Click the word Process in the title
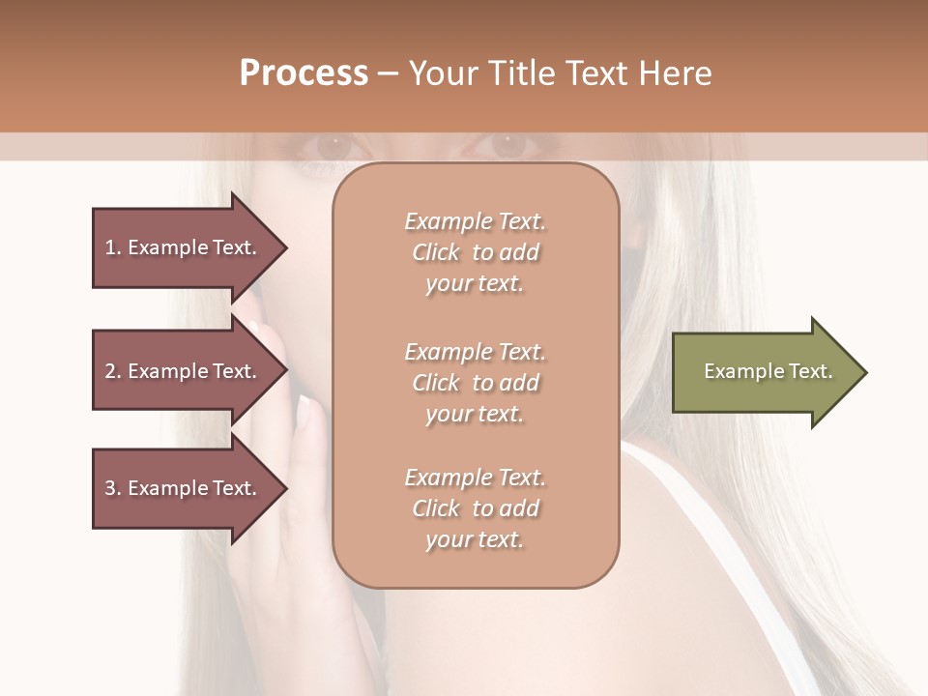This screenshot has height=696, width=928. click(x=304, y=73)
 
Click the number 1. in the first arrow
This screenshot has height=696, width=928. click(x=112, y=247)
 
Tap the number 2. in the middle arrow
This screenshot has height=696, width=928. click(x=112, y=371)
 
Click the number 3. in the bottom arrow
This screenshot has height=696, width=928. click(x=112, y=488)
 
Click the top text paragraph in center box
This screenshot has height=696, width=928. click(x=476, y=252)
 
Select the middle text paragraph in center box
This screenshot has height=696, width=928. click(x=476, y=383)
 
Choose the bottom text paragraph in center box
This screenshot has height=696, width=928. click(x=476, y=508)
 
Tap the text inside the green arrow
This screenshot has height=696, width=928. click(x=768, y=371)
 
